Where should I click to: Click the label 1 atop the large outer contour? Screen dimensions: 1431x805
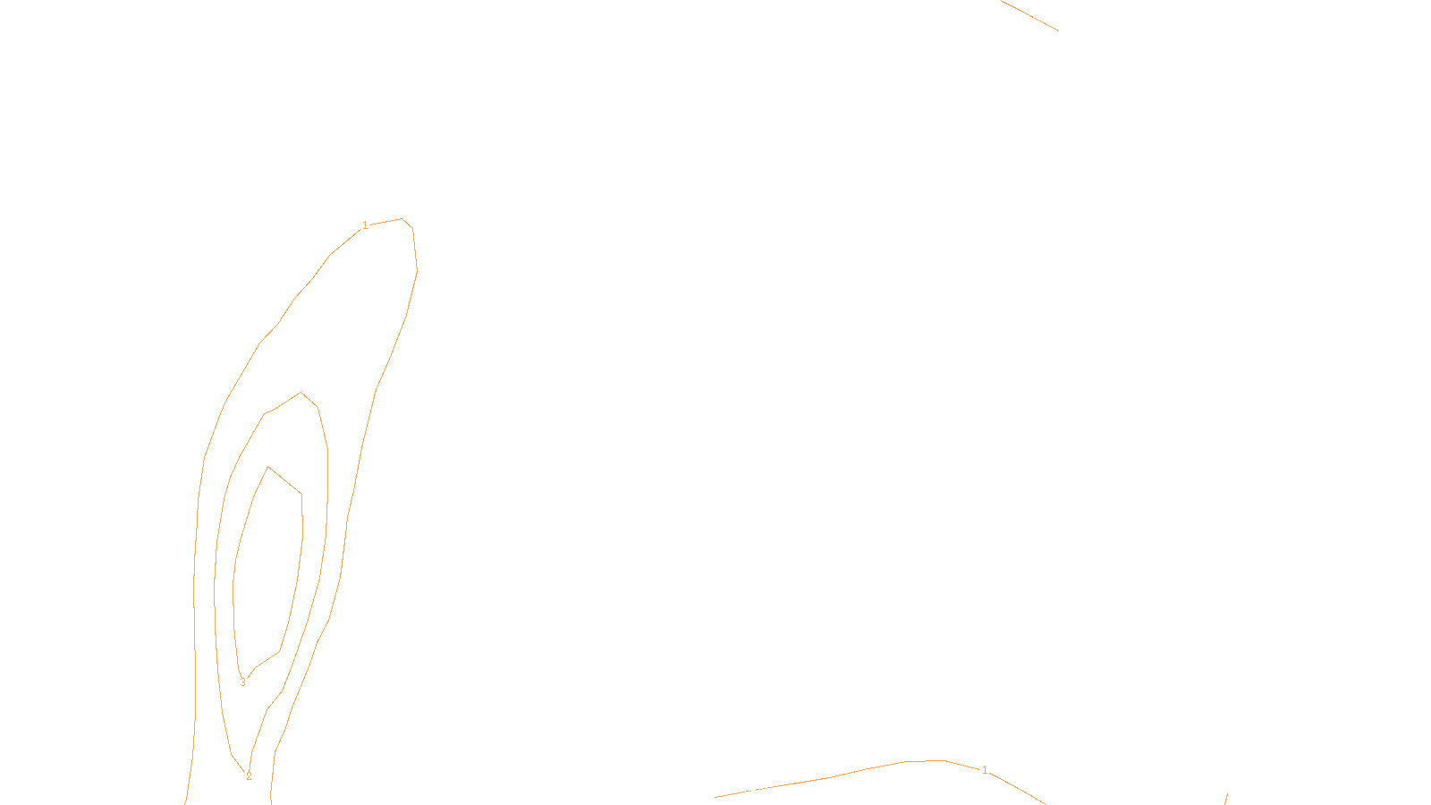tap(365, 225)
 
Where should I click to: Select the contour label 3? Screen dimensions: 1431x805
tap(242, 682)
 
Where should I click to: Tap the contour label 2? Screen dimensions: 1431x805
tap(249, 776)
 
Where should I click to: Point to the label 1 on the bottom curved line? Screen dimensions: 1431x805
tap(985, 770)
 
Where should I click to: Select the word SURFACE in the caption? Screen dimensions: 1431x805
tap(715, 790)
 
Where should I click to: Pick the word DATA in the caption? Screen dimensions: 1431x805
tap(756, 790)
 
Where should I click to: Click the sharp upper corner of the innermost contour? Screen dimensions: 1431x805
tap(268, 467)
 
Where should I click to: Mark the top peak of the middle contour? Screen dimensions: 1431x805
tap(301, 392)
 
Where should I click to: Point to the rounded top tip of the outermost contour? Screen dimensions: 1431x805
tap(402, 218)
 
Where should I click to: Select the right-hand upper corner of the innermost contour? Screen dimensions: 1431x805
tap(301, 494)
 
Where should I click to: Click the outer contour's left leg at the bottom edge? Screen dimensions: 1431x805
tap(186, 801)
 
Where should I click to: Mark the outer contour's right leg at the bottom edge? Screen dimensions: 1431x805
tap(271, 801)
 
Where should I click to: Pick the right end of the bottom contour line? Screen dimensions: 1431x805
tap(1045, 803)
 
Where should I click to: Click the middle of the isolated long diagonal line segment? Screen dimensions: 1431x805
tap(1029, 15)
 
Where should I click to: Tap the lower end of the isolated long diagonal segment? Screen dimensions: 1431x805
tap(1058, 30)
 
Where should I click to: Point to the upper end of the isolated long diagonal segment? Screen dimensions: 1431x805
tap(1002, 1)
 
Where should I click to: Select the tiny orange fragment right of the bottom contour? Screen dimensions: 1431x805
tap(1225, 798)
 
